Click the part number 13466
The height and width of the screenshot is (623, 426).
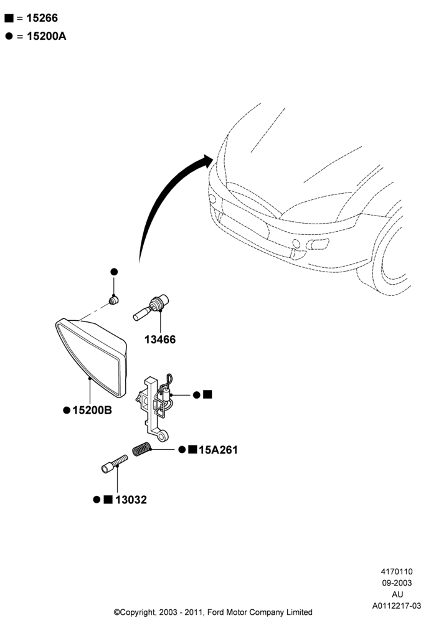click(159, 340)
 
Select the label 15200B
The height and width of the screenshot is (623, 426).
click(92, 410)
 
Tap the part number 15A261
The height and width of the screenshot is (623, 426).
click(218, 450)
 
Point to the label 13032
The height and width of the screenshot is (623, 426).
click(131, 500)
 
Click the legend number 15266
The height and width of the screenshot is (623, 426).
click(42, 18)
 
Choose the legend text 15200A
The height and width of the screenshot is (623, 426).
click(47, 36)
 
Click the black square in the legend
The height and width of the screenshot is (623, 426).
click(9, 18)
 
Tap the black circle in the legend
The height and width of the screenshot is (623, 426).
click(9, 36)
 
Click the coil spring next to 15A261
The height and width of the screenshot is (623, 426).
click(141, 449)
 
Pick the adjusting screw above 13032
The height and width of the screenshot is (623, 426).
click(115, 464)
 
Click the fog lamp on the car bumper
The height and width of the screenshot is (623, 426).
click(318, 244)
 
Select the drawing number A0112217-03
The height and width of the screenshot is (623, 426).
click(396, 606)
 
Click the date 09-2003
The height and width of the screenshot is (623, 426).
click(397, 583)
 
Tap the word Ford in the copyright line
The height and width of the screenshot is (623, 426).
click(217, 612)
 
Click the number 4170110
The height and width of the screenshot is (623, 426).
click(397, 572)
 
